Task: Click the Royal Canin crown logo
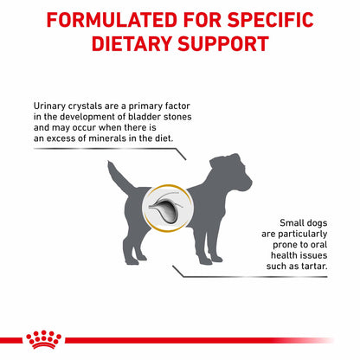pyautogui.click(x=38, y=340)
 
